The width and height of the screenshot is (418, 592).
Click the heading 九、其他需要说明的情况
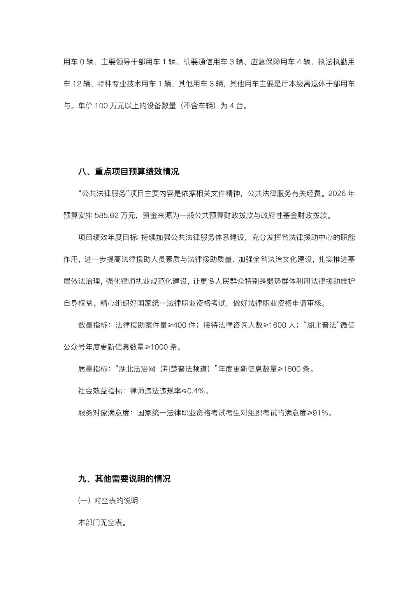(124, 479)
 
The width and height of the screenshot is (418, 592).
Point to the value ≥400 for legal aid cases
(177, 325)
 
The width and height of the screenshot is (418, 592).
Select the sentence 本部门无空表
(102, 523)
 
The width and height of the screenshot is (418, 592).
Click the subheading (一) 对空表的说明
(109, 501)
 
